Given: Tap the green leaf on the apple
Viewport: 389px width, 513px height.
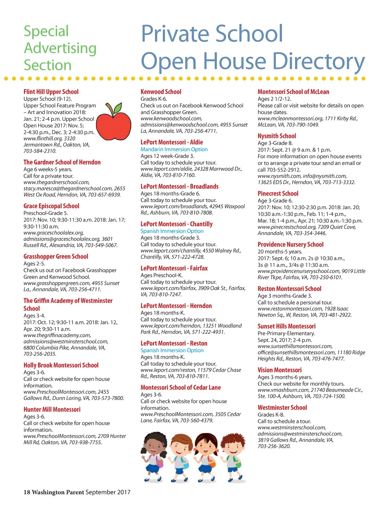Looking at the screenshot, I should point(118,107).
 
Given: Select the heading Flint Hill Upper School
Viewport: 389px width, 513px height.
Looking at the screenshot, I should point(51,92).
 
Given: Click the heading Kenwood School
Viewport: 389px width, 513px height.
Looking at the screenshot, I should point(161,92).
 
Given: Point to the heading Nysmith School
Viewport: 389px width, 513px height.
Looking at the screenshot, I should point(277,136).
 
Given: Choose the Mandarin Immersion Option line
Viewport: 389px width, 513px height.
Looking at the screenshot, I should point(174,149).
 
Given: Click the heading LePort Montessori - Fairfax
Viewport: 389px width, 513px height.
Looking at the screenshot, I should point(174,268).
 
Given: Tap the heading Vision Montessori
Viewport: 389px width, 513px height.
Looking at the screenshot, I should point(279,370).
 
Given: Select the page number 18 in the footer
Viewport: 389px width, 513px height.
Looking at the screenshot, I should point(27,492).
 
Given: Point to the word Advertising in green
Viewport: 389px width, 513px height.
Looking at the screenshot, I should point(60,48).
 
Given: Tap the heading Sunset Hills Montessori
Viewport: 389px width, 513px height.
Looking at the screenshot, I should point(287,326).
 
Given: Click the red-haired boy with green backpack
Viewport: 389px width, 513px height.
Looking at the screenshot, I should point(232,457).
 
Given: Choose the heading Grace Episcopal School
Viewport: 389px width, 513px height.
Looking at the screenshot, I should point(51,206).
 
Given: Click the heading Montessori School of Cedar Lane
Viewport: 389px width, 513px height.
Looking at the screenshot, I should point(181,388).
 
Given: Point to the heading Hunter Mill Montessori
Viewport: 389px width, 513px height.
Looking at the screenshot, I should point(52,410).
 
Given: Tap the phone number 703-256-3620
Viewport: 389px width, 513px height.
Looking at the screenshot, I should point(274,446).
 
